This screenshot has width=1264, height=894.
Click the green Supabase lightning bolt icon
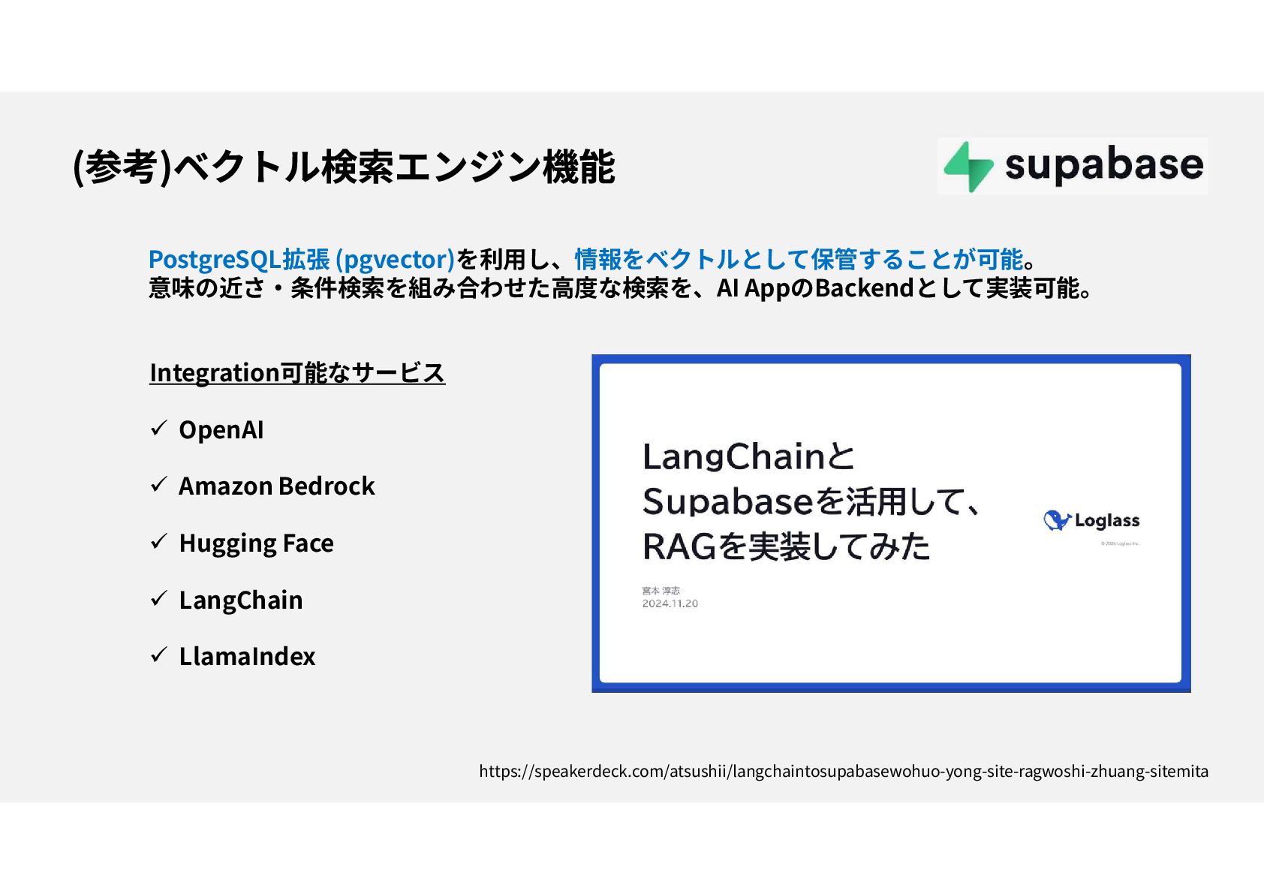pos(968,166)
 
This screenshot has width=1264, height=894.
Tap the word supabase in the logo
pos(1103,164)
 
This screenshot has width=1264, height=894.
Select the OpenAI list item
pos(221,430)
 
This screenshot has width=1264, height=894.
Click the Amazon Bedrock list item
pos(276,486)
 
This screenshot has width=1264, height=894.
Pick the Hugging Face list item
pos(256,543)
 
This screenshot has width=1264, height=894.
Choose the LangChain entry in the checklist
pos(240,601)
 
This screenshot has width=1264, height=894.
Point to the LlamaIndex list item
pos(247,657)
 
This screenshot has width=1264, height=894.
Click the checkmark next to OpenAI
pos(158,429)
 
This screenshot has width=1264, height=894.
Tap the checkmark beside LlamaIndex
pos(158,655)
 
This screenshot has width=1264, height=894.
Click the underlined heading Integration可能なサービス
pos(297,372)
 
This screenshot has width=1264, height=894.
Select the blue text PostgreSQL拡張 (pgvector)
pos(301,259)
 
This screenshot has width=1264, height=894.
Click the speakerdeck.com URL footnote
pos(844,771)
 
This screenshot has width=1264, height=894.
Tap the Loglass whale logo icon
pos(1056,520)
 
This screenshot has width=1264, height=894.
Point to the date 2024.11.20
pos(670,604)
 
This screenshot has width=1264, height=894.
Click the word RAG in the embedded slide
pos(679,546)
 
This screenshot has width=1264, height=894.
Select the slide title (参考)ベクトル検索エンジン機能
pos(344,167)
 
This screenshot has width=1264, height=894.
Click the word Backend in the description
pos(863,288)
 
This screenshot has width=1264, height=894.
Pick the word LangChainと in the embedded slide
pos(748,456)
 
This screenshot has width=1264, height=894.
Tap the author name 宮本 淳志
pos(661,591)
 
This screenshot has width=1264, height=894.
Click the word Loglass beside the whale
pos(1107,520)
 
